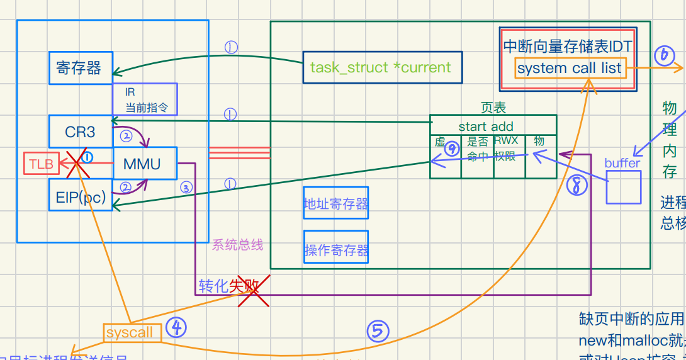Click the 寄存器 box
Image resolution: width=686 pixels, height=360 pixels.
pos(80,68)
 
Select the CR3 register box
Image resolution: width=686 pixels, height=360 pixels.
pos(80,132)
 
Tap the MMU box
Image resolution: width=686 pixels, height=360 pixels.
pos(145,164)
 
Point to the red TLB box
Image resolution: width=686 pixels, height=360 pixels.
pos(41,164)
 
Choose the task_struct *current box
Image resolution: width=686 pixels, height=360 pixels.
pos(381,68)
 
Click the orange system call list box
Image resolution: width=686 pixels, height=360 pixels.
pos(570,68)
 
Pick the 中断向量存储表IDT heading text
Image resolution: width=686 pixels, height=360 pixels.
pos(567,47)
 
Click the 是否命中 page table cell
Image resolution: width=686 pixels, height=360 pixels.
pos(477,149)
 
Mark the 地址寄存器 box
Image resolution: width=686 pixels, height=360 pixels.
pos(336,203)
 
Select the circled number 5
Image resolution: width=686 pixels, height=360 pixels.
pos(378,330)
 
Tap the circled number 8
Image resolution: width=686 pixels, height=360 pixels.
pos(576,184)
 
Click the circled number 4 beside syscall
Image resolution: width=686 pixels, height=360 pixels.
pos(176,327)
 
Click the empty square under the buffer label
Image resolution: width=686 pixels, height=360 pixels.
pos(623,187)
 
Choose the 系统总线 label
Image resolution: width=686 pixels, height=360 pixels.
pos(237,245)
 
